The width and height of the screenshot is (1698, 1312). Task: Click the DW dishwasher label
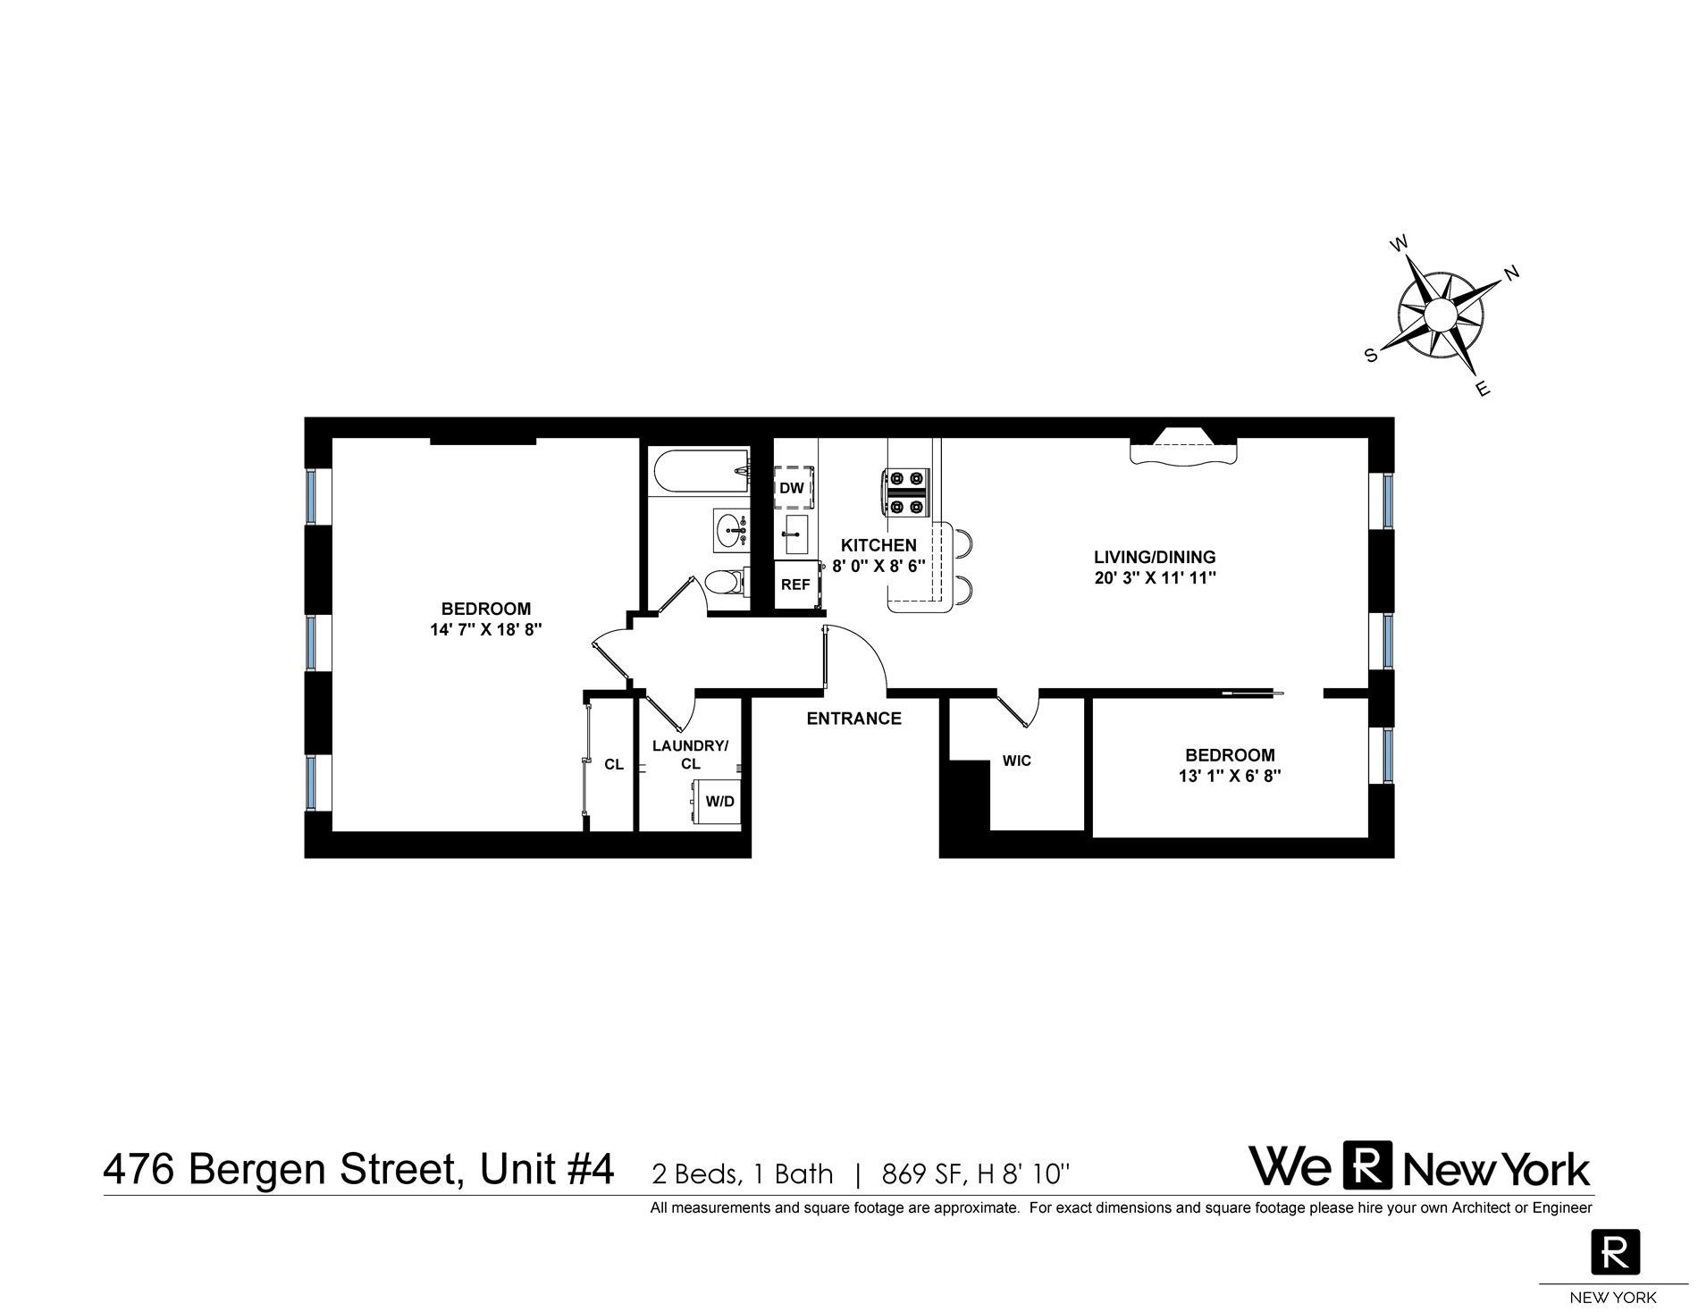792,488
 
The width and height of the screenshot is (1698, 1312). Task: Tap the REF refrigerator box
796,585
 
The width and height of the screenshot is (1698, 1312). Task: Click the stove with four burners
904,492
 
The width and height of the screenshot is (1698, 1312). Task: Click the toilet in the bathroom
725,583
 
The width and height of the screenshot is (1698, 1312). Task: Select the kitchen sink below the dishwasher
794,534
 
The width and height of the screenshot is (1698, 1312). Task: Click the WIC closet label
1017,761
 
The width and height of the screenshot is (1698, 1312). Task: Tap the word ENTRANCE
853,719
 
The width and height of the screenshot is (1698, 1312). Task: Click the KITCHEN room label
878,545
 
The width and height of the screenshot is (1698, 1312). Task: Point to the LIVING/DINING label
1155,557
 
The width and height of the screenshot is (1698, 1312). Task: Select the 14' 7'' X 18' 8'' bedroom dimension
486,629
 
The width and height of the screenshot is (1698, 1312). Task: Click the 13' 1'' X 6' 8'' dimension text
1230,776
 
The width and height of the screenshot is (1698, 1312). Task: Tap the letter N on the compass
1512,273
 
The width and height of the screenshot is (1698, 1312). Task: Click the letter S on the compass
1371,355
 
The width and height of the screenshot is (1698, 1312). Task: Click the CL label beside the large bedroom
614,764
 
